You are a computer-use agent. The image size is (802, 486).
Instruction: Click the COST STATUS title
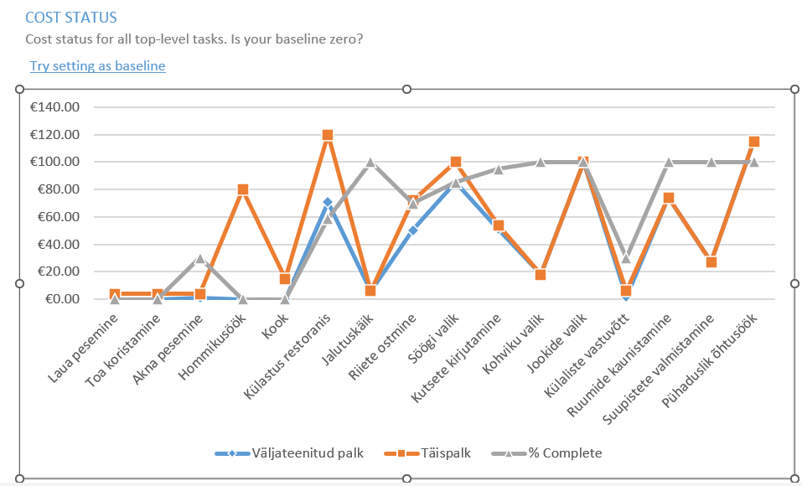[x=71, y=17]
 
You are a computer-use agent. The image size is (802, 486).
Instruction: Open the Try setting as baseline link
[x=97, y=65]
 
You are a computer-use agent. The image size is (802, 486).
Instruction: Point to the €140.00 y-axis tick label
[x=54, y=107]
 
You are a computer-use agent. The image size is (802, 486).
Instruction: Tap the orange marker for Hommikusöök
[x=242, y=189]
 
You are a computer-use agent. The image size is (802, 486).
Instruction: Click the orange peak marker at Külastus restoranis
[x=328, y=135]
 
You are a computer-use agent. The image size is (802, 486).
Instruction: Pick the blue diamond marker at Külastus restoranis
[x=328, y=202]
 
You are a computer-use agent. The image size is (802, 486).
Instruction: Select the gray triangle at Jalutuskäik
[x=370, y=163]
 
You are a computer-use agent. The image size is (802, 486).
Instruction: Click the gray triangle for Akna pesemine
[x=199, y=259]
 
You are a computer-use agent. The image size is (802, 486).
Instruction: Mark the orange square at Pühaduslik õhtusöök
[x=753, y=142]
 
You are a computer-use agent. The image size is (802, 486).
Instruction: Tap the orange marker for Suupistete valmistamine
[x=711, y=262]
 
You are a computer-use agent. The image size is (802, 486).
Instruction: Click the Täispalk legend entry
[x=438, y=453]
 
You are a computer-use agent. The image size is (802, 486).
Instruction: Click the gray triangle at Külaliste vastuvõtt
[x=625, y=258]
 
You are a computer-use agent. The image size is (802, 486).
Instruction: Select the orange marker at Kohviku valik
[x=541, y=275]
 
